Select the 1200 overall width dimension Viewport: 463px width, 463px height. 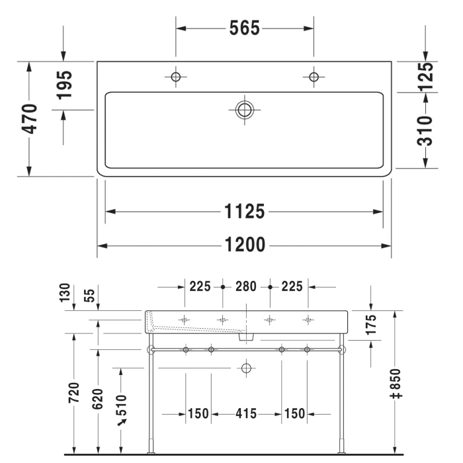click(x=244, y=245)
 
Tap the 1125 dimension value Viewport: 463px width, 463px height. click(x=244, y=212)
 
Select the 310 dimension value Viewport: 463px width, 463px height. click(x=427, y=130)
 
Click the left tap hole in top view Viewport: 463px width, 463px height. click(x=175, y=77)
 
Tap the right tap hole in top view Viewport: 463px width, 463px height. click(x=314, y=77)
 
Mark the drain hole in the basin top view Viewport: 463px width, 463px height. click(x=245, y=110)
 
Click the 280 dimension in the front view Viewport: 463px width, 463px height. click(x=246, y=286)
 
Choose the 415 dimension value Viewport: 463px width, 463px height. click(x=246, y=414)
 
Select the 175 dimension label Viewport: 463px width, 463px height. click(x=370, y=325)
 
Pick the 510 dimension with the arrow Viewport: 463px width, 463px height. click(x=121, y=404)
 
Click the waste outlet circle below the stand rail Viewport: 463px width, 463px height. click(x=247, y=367)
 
